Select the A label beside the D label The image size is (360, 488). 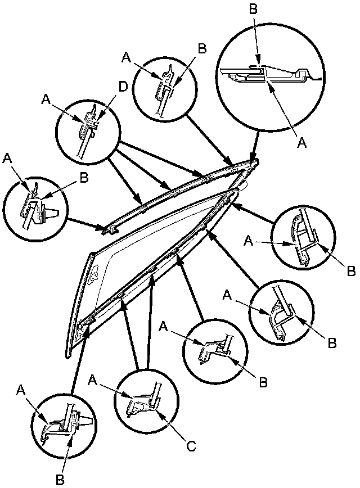click(x=46, y=99)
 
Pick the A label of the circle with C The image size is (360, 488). click(x=94, y=382)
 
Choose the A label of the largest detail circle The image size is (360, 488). click(x=301, y=143)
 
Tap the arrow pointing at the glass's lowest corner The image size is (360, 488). click(x=78, y=363)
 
